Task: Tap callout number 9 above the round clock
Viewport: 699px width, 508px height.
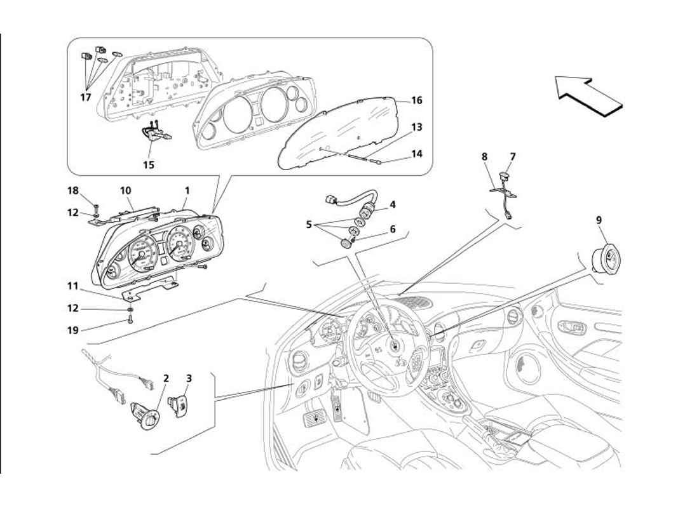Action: pos(599,220)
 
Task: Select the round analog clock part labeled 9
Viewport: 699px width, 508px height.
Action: pos(605,259)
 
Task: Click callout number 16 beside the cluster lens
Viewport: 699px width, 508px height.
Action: pos(416,100)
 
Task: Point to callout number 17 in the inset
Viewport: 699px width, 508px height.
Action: pos(86,97)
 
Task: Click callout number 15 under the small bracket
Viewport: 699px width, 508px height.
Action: pos(149,165)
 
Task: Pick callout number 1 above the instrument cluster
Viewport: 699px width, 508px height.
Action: pos(187,190)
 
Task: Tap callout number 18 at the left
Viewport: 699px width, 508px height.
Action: pos(73,190)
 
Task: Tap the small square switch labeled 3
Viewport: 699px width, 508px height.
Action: pos(177,404)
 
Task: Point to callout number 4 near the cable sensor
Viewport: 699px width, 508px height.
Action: pos(393,204)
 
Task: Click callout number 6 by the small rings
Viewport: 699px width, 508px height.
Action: pos(393,229)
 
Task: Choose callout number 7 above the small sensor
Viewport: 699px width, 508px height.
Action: pos(513,156)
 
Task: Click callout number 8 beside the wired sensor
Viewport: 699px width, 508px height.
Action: pos(484,156)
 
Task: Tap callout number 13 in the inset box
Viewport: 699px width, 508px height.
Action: pos(416,128)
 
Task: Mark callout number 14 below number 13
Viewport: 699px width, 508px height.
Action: pos(416,154)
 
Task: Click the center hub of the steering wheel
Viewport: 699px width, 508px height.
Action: pos(395,346)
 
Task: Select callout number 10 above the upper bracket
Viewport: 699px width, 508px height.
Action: pos(125,190)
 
